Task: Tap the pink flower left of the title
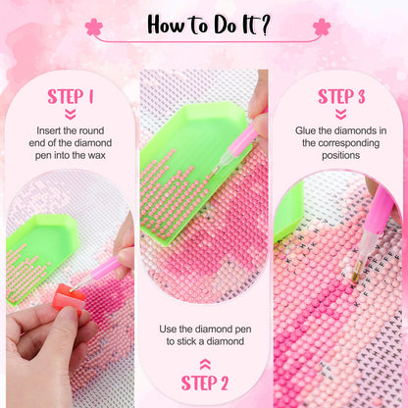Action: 94,26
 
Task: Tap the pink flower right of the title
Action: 322,26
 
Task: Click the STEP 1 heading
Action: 71,96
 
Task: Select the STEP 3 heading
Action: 341,96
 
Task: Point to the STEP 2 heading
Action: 205,382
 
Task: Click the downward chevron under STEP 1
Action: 71,115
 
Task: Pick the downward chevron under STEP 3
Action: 341,115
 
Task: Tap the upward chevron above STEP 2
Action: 205,364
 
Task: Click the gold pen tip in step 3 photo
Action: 356,272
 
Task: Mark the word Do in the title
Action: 225,25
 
